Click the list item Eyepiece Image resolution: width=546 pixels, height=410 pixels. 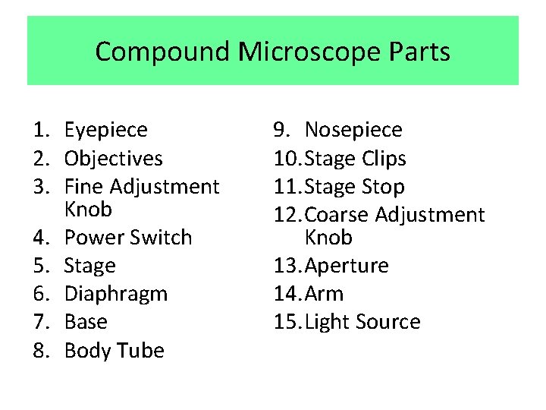click(x=106, y=131)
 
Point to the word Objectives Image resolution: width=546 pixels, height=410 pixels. click(x=114, y=159)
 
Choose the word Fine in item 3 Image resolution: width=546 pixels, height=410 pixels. click(x=85, y=187)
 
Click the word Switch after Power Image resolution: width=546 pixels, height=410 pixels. click(x=159, y=238)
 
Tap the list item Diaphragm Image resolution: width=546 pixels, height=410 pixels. click(x=116, y=294)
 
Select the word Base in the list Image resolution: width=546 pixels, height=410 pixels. click(x=86, y=322)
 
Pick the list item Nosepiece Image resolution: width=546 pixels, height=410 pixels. click(x=353, y=131)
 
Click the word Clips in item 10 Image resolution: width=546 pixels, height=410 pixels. click(x=383, y=159)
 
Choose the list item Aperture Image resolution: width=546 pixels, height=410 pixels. click(x=347, y=266)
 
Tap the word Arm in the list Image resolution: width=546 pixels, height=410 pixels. click(x=324, y=294)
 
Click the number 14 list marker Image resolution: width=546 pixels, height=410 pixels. click(x=286, y=294)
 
